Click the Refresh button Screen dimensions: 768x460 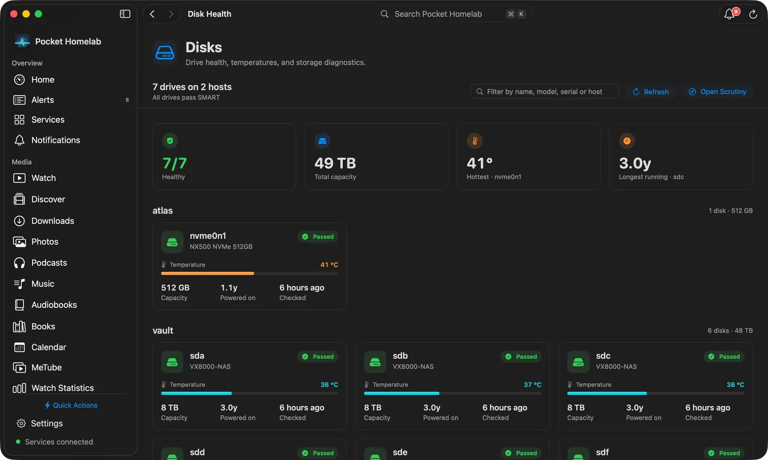[650, 92]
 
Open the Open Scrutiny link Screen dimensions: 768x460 [717, 92]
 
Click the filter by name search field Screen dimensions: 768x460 [545, 92]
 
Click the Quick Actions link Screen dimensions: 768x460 [71, 405]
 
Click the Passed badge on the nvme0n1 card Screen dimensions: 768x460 [318, 236]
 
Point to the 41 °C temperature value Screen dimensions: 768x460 [329, 265]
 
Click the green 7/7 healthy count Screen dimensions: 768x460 [175, 164]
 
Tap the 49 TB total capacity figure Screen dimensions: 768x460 [335, 164]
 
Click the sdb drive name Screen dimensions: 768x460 [400, 356]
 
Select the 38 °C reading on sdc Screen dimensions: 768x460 [735, 385]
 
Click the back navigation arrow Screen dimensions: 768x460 [153, 14]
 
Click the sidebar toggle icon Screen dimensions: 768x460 [125, 14]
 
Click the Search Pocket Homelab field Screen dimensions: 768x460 [453, 14]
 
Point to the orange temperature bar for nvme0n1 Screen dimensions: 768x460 [207, 273]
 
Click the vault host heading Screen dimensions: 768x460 [163, 330]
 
